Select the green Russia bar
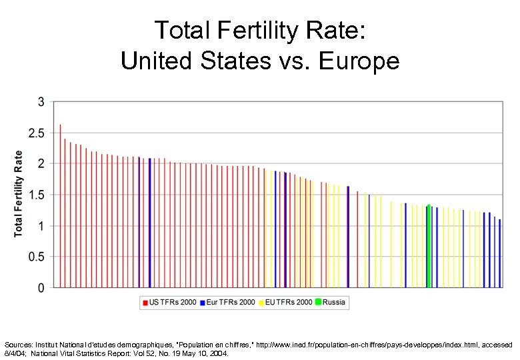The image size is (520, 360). pos(429,247)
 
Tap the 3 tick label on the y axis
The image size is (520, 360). pos(41,103)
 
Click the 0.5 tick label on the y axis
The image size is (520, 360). pos(36,257)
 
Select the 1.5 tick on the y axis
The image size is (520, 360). pos(36,195)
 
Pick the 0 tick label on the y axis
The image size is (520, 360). pos(41,288)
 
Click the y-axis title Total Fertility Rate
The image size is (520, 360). pos(19,193)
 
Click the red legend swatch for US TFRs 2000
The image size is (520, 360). pos(144,303)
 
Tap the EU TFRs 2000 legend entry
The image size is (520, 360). pos(288,303)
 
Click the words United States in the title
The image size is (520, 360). pos(189,61)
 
